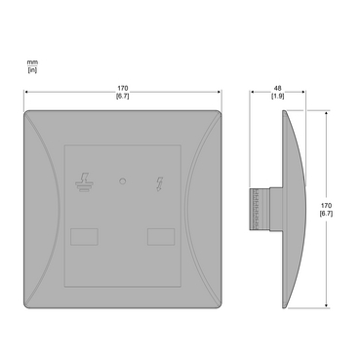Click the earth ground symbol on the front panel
84,183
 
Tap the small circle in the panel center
123,181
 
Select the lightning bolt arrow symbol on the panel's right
160,183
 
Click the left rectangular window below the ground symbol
84,237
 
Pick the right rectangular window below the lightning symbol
161,237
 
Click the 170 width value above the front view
123,88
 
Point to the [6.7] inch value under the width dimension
123,96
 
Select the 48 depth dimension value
278,88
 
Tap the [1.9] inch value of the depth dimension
278,96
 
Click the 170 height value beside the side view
326,206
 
